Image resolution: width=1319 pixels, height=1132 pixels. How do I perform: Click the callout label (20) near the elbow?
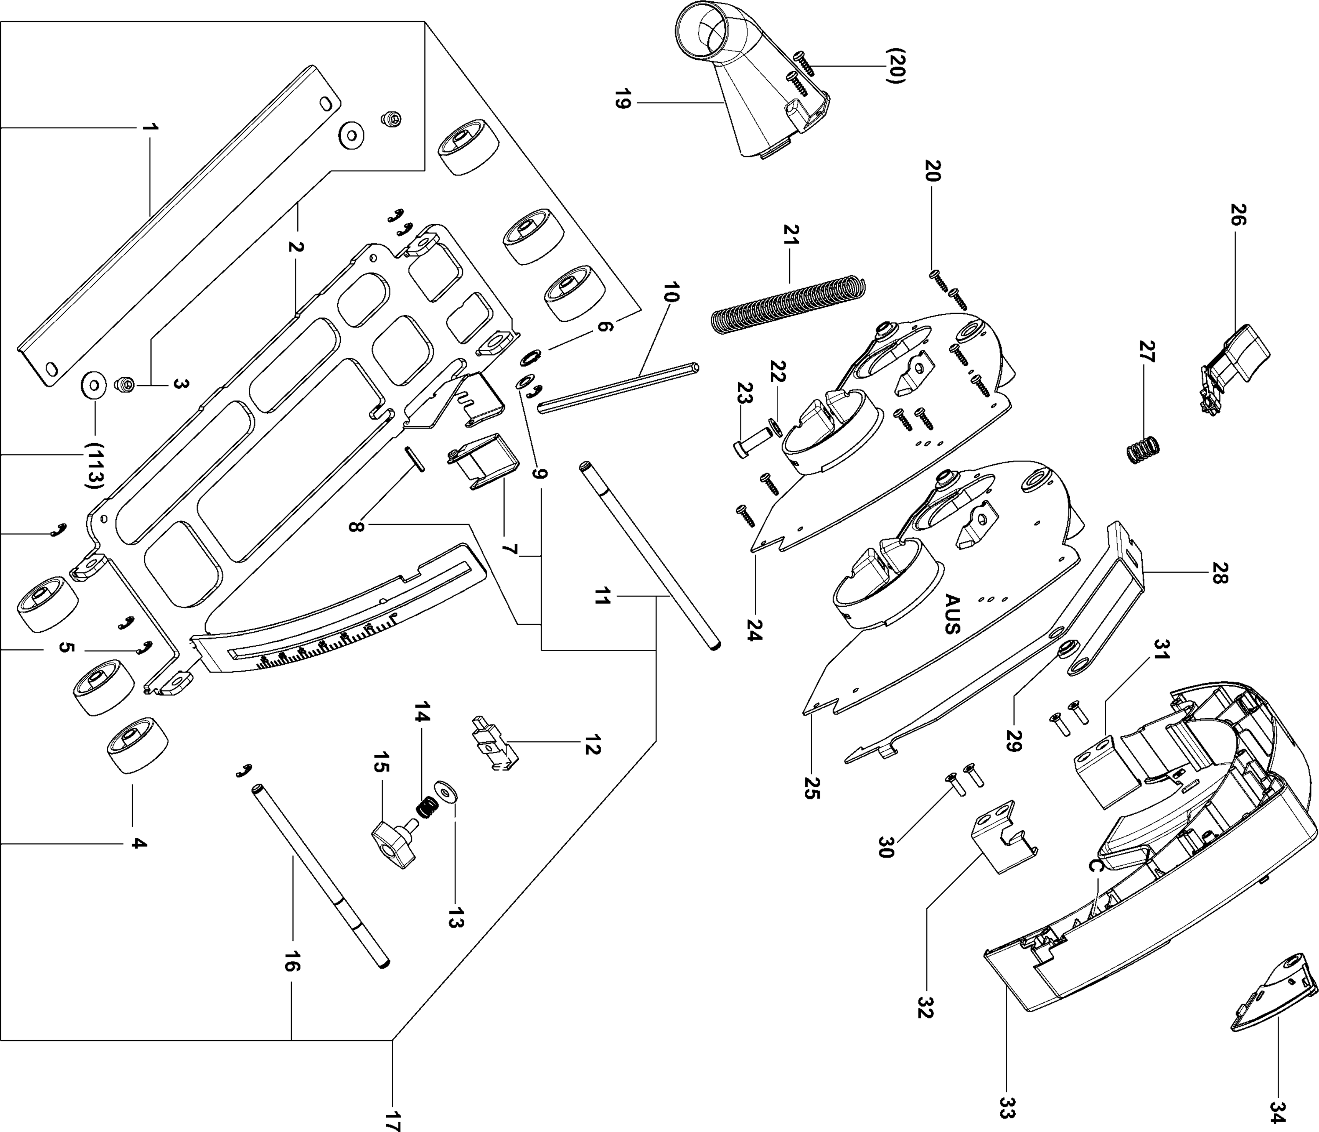click(894, 66)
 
